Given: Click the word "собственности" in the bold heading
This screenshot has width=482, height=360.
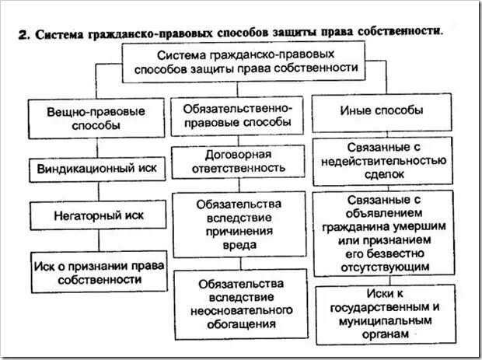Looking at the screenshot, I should pyautogui.click(x=399, y=33).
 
